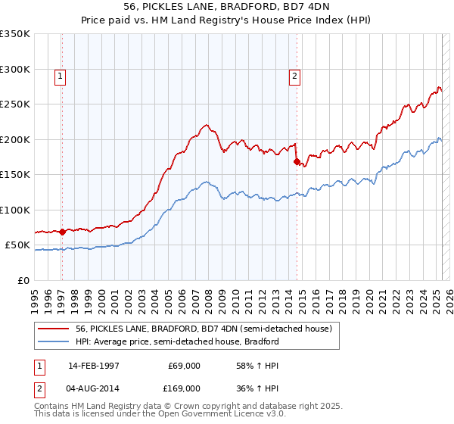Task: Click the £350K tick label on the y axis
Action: [x=15, y=34]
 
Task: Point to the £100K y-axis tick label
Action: [x=15, y=210]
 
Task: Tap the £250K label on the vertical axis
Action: [x=15, y=104]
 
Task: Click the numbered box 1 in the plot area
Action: [x=59, y=75]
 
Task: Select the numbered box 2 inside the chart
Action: [x=294, y=75]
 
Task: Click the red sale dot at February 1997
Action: [x=62, y=232]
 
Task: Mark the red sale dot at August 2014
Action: [x=296, y=161]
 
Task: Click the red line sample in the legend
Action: [x=54, y=329]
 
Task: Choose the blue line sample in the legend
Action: [x=54, y=341]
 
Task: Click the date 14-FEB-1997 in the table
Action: [x=94, y=366]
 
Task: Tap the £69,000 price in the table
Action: [x=184, y=366]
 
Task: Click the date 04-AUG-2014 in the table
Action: [x=94, y=388]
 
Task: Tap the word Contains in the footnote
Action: [x=53, y=407]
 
